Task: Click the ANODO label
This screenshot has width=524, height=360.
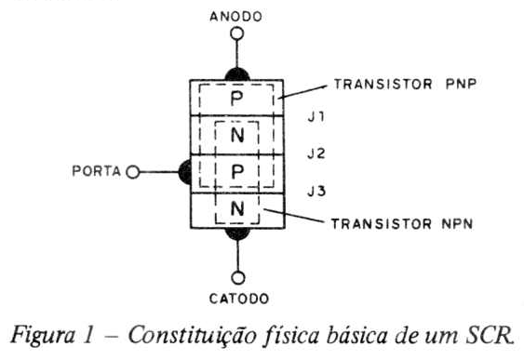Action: click(235, 17)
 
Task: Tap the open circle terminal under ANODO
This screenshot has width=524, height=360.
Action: click(237, 33)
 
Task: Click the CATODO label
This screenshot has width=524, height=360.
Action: click(239, 299)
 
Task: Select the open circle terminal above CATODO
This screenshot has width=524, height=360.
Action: click(238, 278)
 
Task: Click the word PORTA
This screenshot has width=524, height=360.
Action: click(96, 171)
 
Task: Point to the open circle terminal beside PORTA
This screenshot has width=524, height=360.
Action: click(133, 172)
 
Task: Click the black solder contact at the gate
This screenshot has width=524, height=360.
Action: click(185, 172)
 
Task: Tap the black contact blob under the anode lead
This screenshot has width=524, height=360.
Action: click(237, 74)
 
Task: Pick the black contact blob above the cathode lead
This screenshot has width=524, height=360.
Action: click(237, 233)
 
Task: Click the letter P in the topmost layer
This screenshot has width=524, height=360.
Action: click(236, 99)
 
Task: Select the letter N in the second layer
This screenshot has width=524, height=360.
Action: click(237, 135)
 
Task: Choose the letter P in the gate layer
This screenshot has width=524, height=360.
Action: click(237, 172)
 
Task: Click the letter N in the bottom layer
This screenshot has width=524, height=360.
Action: click(237, 209)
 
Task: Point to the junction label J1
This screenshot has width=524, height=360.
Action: click(316, 117)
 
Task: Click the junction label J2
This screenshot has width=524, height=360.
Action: click(316, 153)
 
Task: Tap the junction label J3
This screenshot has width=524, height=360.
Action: click(316, 192)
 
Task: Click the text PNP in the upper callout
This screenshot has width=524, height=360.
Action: click(461, 84)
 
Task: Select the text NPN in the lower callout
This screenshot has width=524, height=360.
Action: click(458, 224)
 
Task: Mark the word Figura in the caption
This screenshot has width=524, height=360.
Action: click(43, 336)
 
